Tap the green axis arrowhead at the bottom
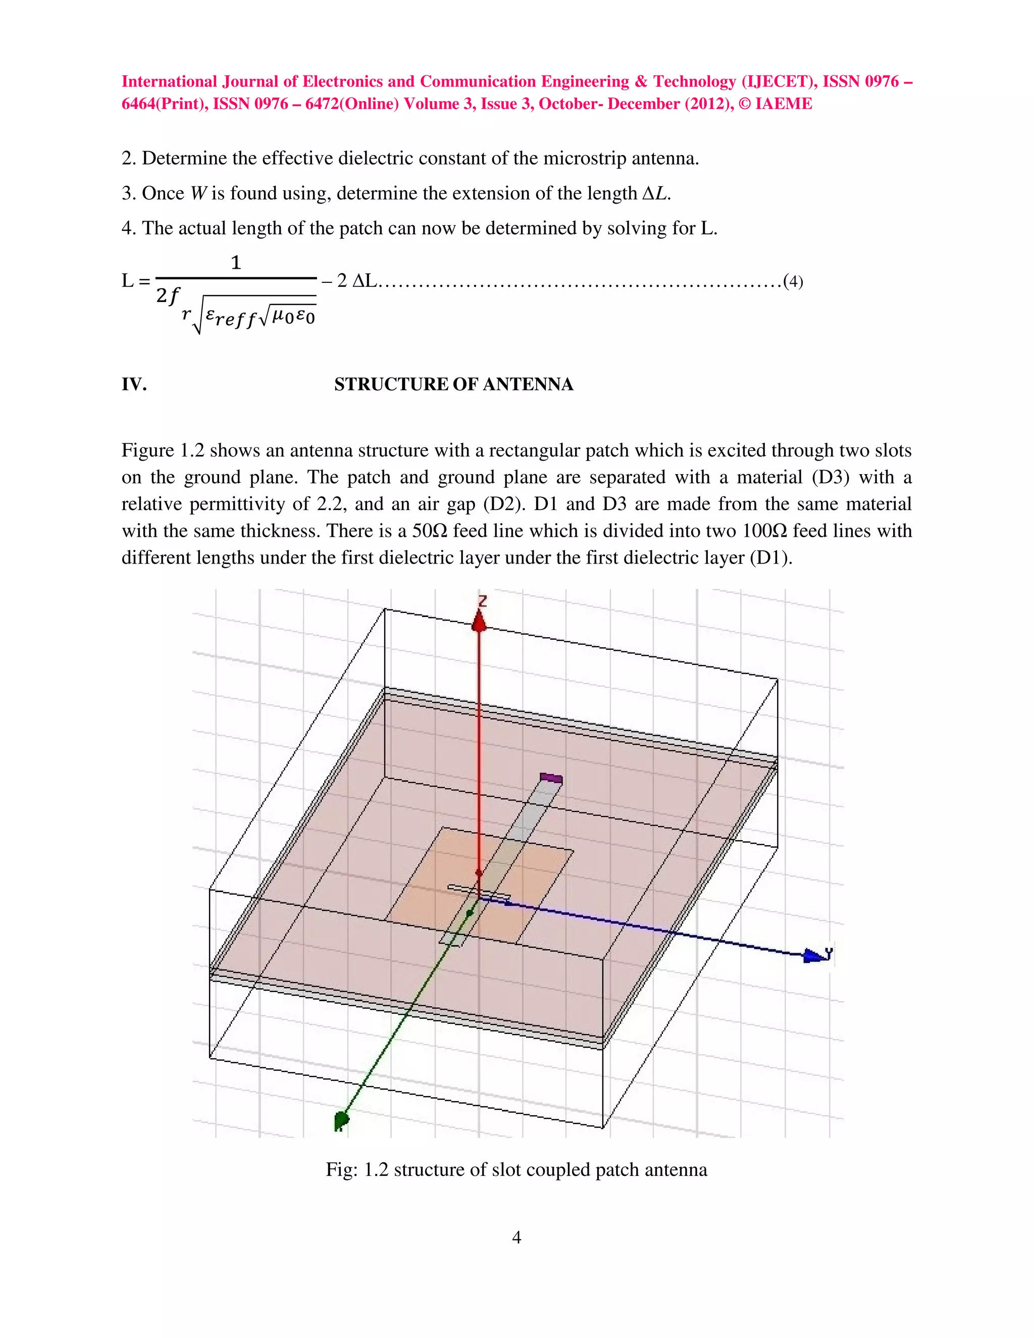pyautogui.click(x=341, y=1120)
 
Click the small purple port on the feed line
pyautogui.click(x=551, y=779)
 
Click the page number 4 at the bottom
pyautogui.click(x=516, y=1238)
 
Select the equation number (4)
pyautogui.click(x=793, y=282)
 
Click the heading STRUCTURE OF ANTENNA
pyautogui.click(x=453, y=384)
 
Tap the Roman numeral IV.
pyautogui.click(x=133, y=384)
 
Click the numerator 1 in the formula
pyautogui.click(x=236, y=263)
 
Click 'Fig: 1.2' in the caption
pyautogui.click(x=357, y=1169)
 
